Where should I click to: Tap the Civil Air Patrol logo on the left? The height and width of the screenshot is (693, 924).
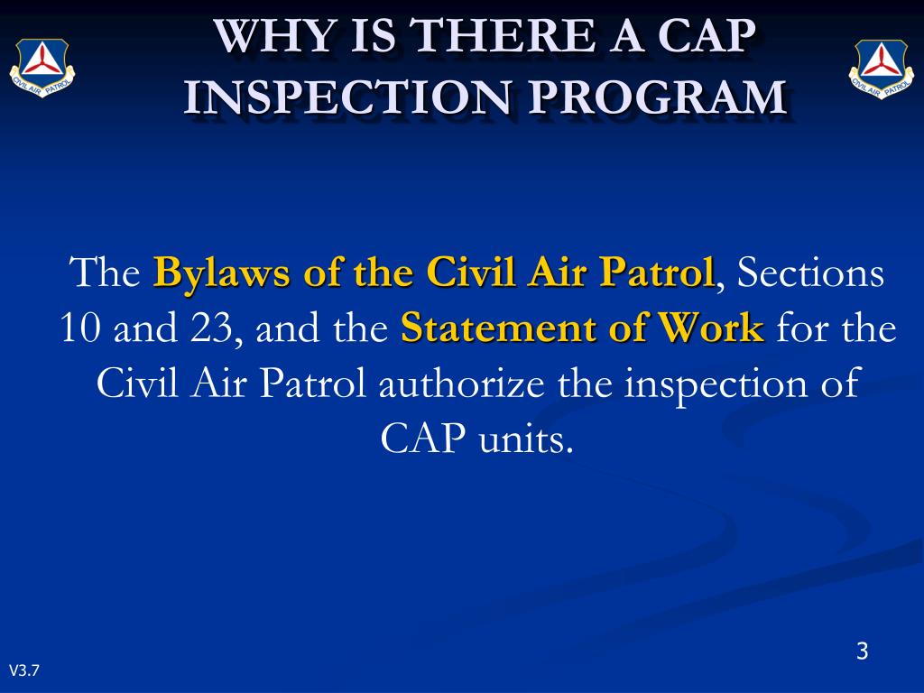click(42, 68)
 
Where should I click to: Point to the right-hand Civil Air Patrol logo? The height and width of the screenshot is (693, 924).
click(881, 68)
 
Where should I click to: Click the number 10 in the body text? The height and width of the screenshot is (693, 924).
click(79, 329)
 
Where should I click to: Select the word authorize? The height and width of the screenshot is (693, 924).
click(463, 384)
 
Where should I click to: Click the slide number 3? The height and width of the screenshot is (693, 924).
click(862, 651)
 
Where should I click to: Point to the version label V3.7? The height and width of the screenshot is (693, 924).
click(24, 670)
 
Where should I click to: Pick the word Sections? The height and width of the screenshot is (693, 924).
click(810, 273)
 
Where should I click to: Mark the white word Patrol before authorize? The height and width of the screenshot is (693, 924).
click(314, 384)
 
